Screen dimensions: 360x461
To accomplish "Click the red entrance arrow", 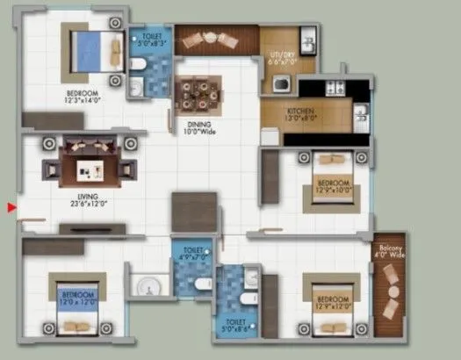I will [11, 207].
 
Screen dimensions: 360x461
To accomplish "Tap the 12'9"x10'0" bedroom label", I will [332, 184].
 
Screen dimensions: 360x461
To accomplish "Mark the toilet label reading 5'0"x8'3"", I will [149, 39].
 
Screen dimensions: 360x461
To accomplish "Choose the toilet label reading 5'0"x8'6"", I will [235, 324].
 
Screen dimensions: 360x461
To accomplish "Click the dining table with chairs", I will [198, 92].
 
